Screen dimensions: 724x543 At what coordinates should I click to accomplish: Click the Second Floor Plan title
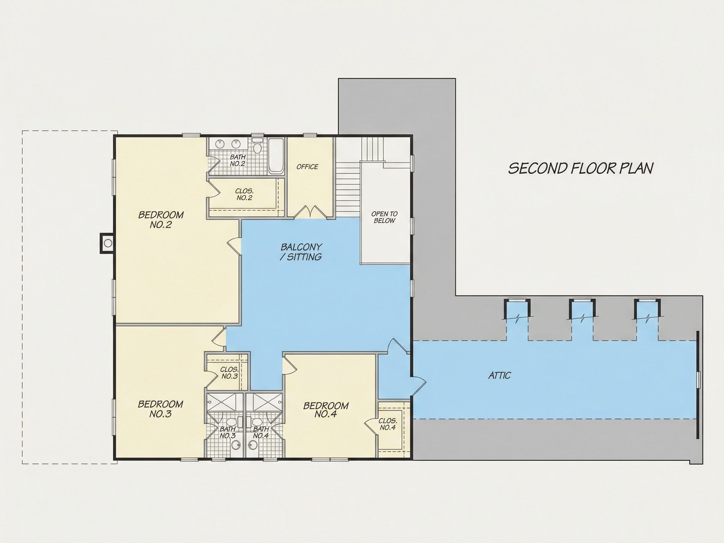[x=581, y=168]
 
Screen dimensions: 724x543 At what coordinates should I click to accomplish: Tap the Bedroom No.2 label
[x=161, y=220]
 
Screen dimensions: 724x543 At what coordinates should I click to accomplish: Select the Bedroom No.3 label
[x=160, y=409]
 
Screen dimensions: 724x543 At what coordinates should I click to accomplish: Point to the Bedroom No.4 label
[x=326, y=410]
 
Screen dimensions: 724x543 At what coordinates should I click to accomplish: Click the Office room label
[x=307, y=167]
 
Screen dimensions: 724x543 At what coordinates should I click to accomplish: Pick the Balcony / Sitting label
[x=301, y=252]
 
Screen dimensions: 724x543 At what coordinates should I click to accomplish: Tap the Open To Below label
[x=384, y=217]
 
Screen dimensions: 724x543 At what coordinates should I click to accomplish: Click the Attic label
[x=499, y=376]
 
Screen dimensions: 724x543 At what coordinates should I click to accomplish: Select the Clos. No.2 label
[x=244, y=195]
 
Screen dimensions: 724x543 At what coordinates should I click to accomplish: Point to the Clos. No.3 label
[x=229, y=373]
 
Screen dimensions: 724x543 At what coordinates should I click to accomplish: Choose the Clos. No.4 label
[x=388, y=424]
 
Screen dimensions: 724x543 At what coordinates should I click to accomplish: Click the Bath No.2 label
[x=238, y=160]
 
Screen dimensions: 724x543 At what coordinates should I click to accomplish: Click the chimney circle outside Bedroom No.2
[x=108, y=243]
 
